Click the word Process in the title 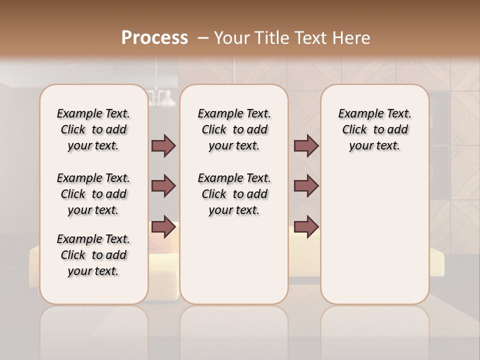pyautogui.click(x=154, y=38)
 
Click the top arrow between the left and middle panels pyautogui.click(x=163, y=145)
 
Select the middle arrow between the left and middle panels pyautogui.click(x=163, y=186)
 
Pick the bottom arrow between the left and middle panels pyautogui.click(x=163, y=226)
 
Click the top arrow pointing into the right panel pyautogui.click(x=306, y=145)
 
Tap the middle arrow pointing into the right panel pyautogui.click(x=306, y=186)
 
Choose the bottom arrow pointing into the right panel pyautogui.click(x=306, y=226)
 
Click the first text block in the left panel pyautogui.click(x=93, y=129)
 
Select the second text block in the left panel pyautogui.click(x=93, y=194)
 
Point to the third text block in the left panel pyautogui.click(x=93, y=255)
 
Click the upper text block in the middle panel pyautogui.click(x=234, y=129)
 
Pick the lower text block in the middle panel pyautogui.click(x=234, y=194)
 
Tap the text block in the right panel pyautogui.click(x=374, y=129)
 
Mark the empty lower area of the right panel pyautogui.click(x=374, y=235)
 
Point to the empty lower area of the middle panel pyautogui.click(x=234, y=260)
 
